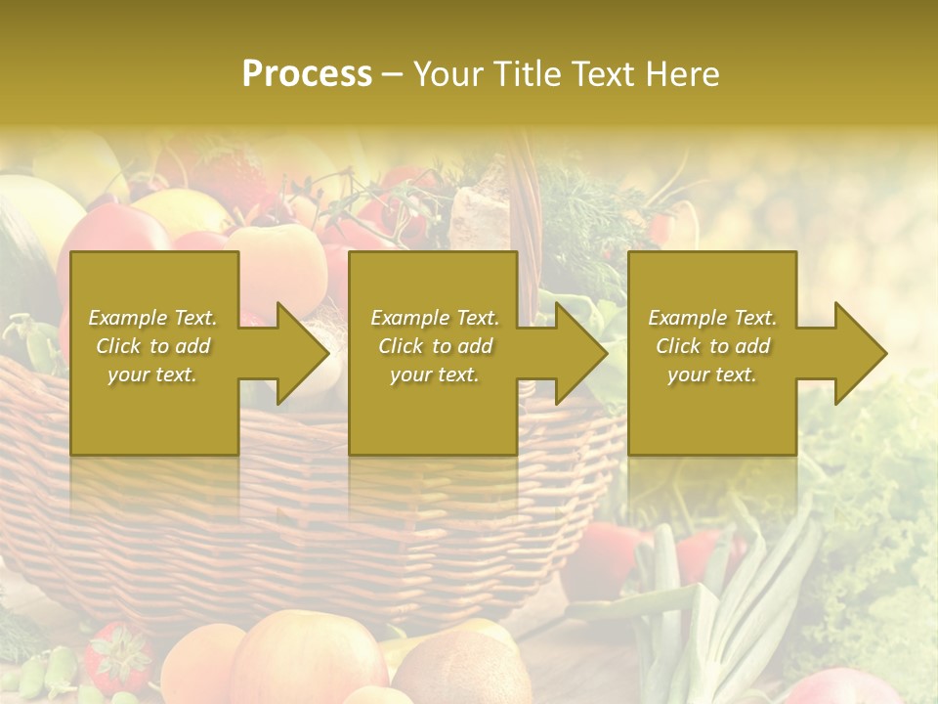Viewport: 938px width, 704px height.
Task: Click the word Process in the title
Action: [x=307, y=74]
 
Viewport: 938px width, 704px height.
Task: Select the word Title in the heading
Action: [x=526, y=74]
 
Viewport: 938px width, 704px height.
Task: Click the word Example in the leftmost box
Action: [x=127, y=318]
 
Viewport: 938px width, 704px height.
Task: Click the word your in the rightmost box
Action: [x=688, y=374]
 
